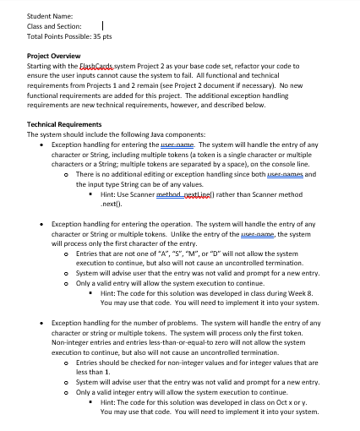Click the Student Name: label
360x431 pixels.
50,14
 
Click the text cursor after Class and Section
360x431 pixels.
101,25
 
